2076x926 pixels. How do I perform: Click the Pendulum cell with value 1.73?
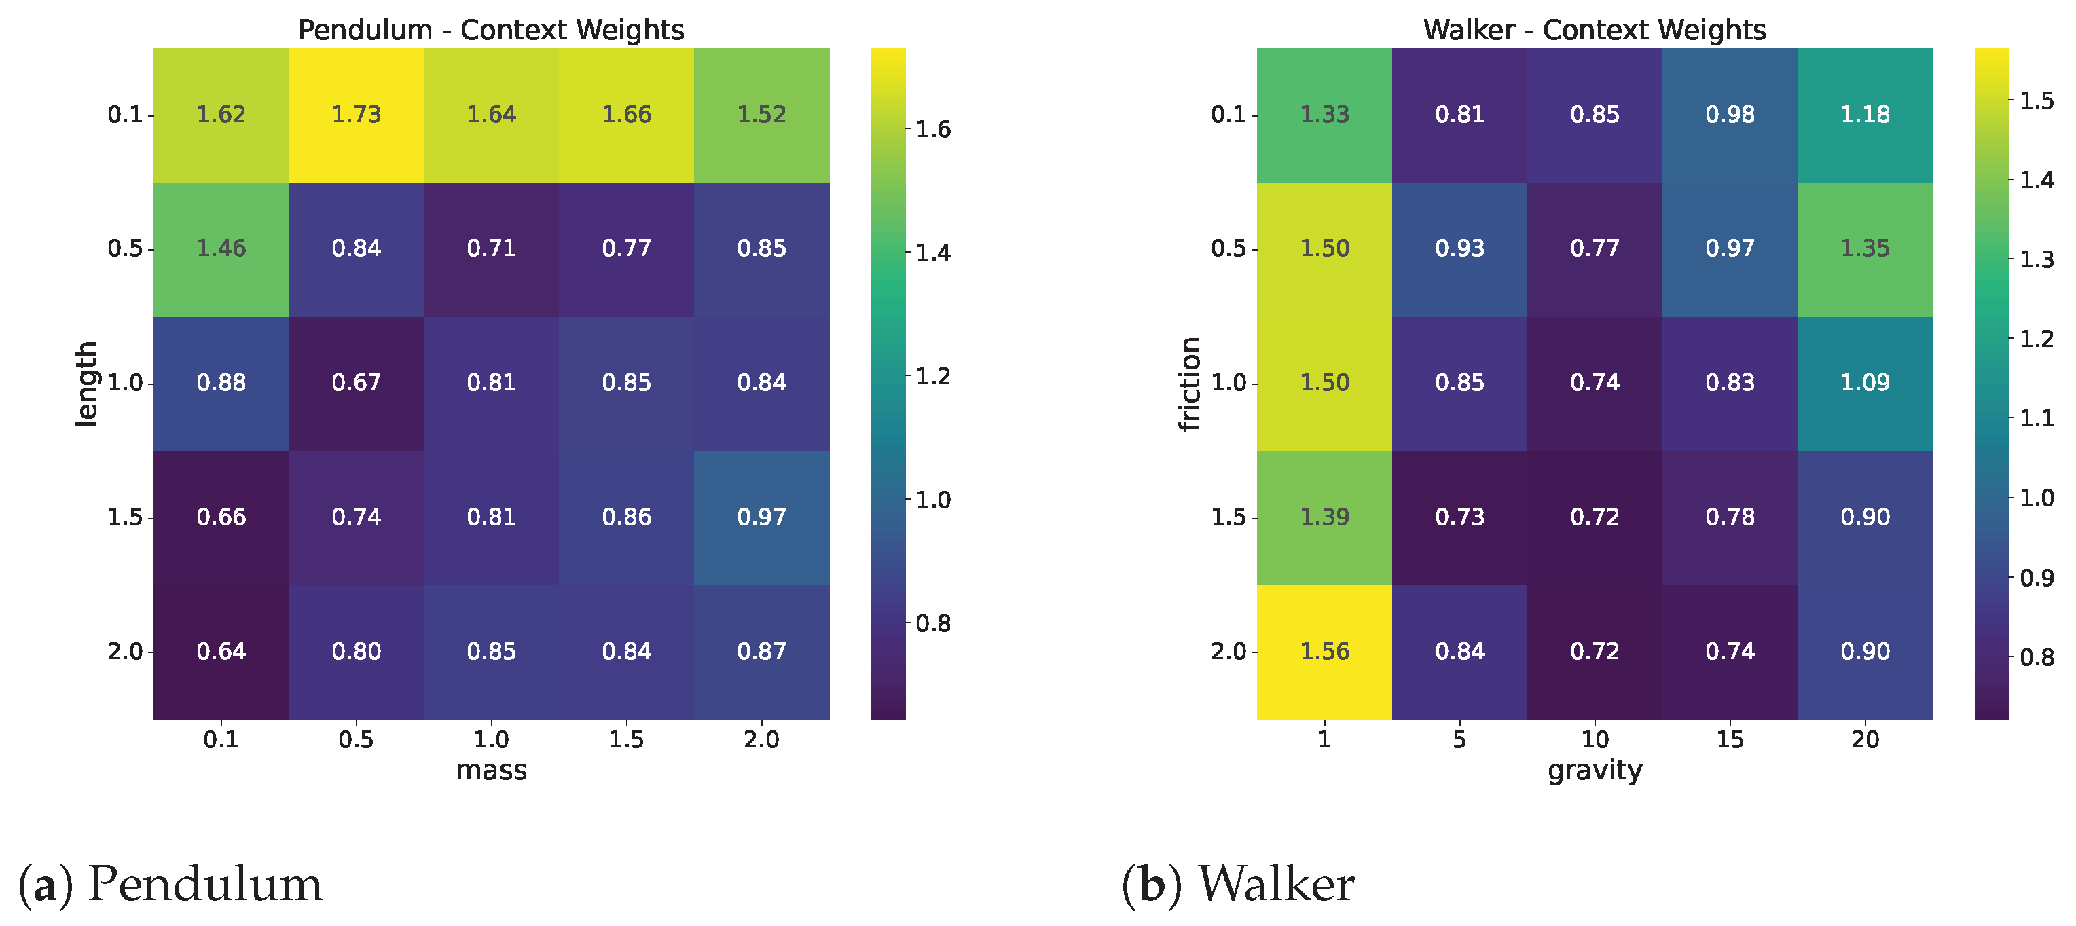click(x=357, y=115)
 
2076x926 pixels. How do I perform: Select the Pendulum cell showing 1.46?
click(x=221, y=248)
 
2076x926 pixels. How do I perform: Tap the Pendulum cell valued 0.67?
click(x=357, y=383)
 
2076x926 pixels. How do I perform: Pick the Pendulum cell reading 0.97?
click(x=761, y=517)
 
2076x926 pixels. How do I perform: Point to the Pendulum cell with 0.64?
click(x=221, y=651)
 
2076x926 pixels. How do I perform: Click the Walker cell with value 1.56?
click(x=1324, y=651)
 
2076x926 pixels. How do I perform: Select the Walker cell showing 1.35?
click(x=1865, y=248)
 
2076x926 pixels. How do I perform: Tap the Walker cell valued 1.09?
click(x=1865, y=383)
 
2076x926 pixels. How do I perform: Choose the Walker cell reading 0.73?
click(x=1459, y=517)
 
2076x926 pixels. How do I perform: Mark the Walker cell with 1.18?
click(x=1865, y=115)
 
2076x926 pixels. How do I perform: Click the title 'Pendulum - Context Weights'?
click(x=491, y=30)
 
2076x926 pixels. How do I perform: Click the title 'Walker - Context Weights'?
click(x=1594, y=30)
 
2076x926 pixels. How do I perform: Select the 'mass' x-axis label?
click(x=491, y=771)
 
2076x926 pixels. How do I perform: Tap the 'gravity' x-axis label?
click(x=1594, y=771)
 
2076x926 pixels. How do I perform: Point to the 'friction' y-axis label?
click(x=1190, y=384)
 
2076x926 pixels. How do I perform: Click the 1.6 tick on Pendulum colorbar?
click(x=933, y=129)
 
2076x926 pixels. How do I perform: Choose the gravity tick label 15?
click(x=1730, y=740)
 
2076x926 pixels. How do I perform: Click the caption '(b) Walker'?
click(x=1237, y=884)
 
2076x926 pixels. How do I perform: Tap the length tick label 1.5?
click(x=125, y=517)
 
